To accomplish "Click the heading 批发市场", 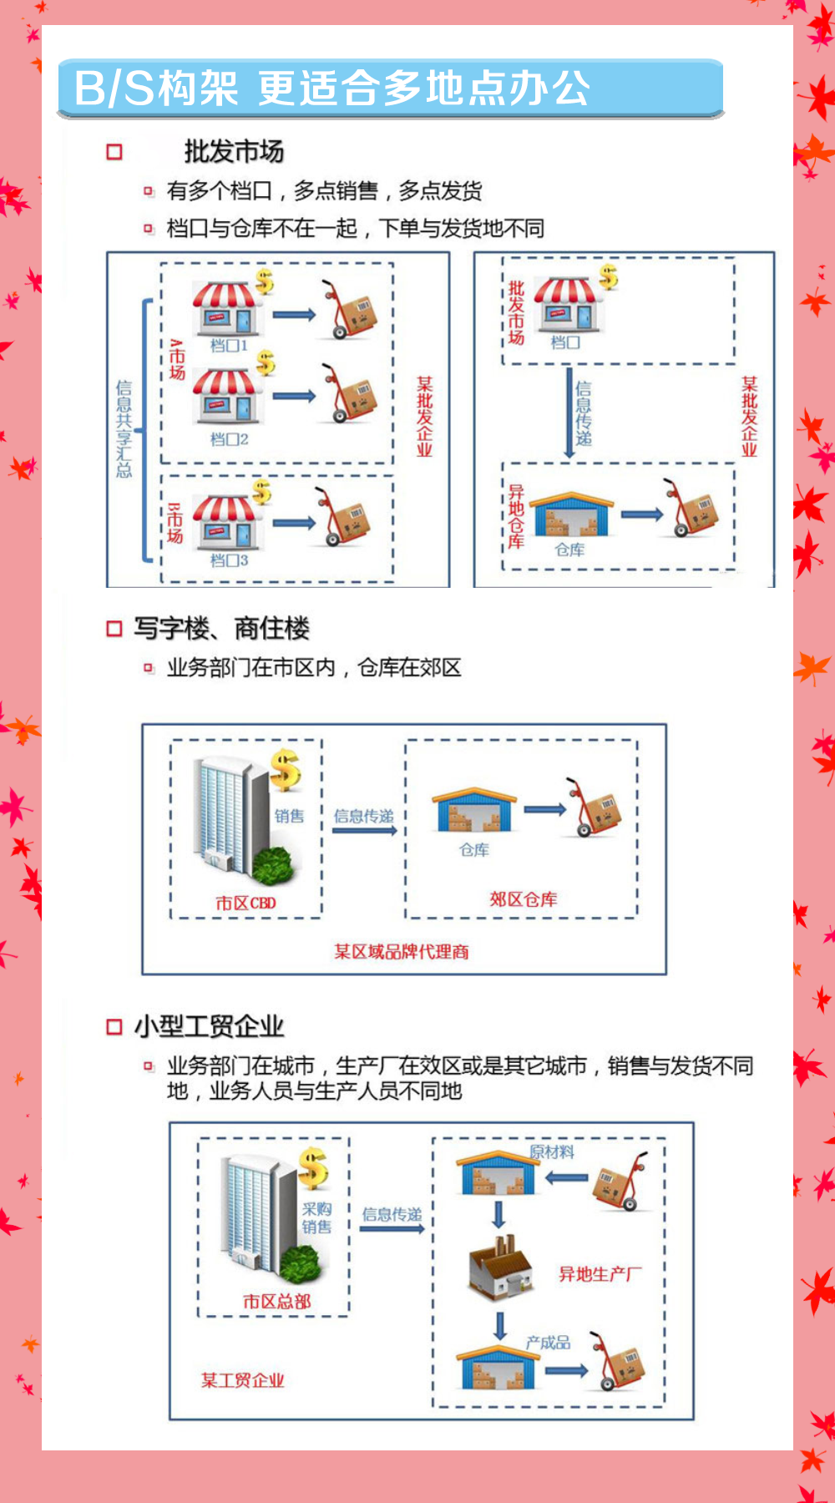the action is click(x=234, y=151).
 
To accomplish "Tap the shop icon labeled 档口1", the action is click(x=227, y=309).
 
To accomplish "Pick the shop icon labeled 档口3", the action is click(x=227, y=523).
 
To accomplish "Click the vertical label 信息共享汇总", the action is click(x=124, y=428).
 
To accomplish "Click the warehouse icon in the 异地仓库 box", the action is click(x=571, y=514).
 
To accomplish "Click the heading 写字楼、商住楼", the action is click(x=221, y=628).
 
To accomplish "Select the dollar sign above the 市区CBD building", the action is click(x=286, y=770).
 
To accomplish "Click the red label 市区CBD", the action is click(x=245, y=903).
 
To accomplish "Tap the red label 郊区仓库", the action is click(x=524, y=899).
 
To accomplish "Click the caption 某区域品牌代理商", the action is click(x=402, y=952).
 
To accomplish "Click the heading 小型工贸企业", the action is click(x=209, y=1026).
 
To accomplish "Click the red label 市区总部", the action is click(x=277, y=1301).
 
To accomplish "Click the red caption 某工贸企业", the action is click(x=242, y=1380).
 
